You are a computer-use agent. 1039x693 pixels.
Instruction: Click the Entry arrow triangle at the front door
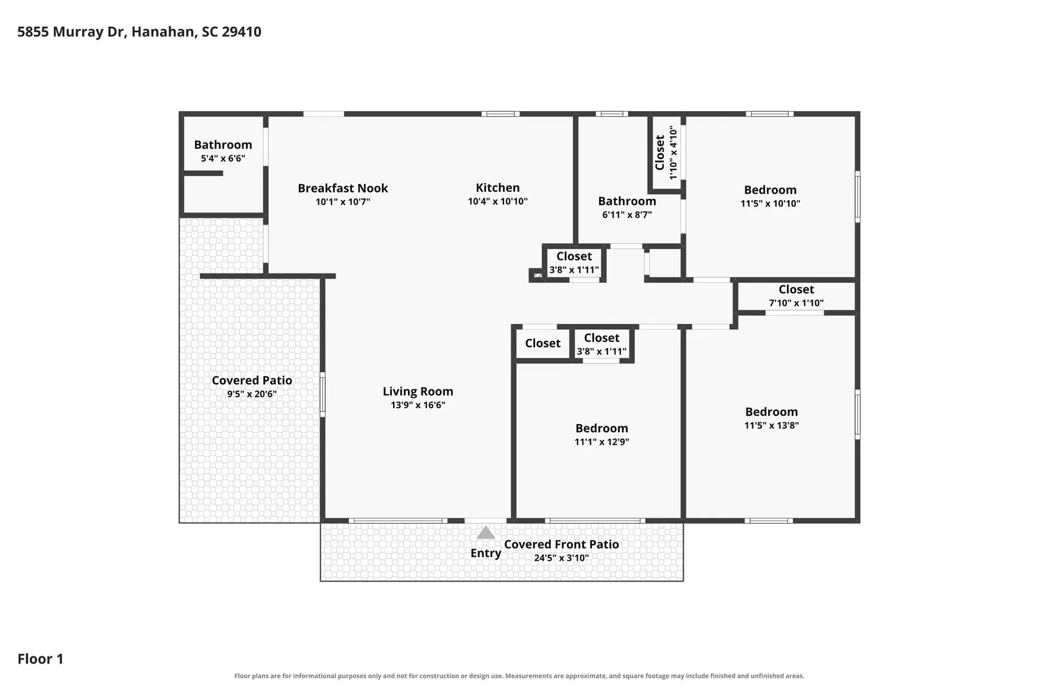click(x=485, y=533)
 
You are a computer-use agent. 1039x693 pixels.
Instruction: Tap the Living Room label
click(x=418, y=391)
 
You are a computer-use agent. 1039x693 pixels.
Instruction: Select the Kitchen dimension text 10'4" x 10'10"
click(x=498, y=201)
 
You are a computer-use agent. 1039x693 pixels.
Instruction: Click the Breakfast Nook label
click(x=342, y=188)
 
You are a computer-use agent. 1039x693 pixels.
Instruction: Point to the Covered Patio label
click(x=252, y=380)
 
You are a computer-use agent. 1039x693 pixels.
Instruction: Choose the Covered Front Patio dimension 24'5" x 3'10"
click(x=561, y=558)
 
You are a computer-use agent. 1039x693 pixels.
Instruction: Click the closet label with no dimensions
click(x=543, y=343)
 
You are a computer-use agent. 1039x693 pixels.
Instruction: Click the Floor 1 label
click(x=40, y=658)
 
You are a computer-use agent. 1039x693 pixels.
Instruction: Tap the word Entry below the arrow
click(x=486, y=553)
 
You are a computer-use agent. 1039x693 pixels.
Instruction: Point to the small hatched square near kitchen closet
click(x=537, y=275)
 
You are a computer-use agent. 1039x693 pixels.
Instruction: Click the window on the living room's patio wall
click(x=323, y=394)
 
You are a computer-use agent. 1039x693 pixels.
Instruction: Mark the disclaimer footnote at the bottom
click(x=519, y=676)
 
